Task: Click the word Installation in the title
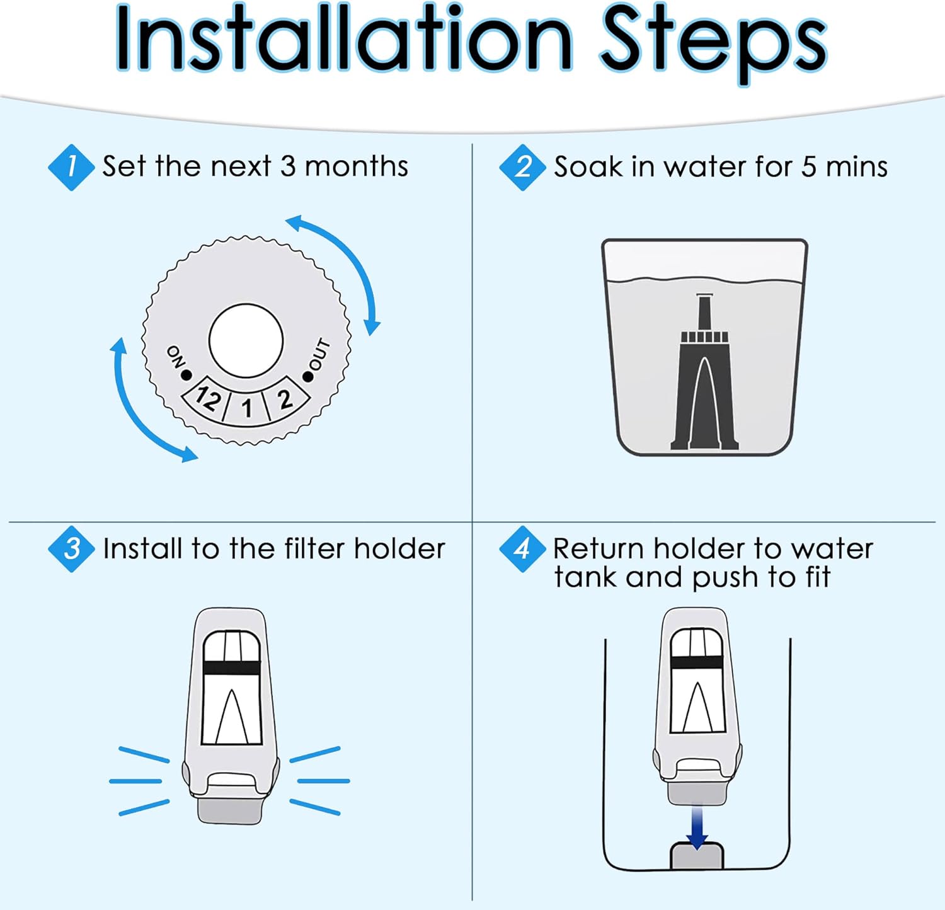[343, 39]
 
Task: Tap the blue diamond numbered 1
[71, 167]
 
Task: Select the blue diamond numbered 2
[522, 167]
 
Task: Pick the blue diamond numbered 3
[71, 549]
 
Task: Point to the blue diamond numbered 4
[522, 549]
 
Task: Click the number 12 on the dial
[209, 398]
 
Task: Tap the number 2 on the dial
[285, 399]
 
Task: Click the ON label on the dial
[175, 357]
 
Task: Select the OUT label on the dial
[319, 355]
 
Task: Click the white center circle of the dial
[246, 341]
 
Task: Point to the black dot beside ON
[186, 376]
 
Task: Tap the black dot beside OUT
[307, 377]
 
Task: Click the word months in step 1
[357, 166]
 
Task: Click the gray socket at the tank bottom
[697, 855]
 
